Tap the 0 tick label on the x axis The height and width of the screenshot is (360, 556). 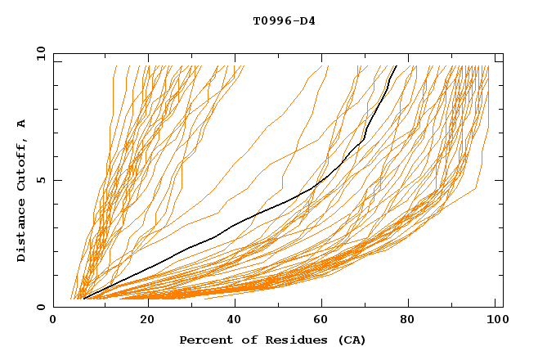click(x=53, y=322)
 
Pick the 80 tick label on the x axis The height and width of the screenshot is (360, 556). click(x=406, y=322)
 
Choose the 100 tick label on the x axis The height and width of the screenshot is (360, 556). click(x=495, y=322)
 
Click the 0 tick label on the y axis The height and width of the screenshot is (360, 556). click(x=41, y=307)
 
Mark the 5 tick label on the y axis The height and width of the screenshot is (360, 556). click(x=41, y=180)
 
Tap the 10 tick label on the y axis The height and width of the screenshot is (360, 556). click(x=38, y=52)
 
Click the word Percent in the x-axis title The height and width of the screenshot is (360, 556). click(x=203, y=340)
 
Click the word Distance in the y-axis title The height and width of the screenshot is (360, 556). click(x=22, y=232)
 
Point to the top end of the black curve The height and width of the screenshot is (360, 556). click(x=397, y=65)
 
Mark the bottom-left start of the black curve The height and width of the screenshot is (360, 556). click(x=83, y=299)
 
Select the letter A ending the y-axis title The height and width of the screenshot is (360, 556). click(x=22, y=124)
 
